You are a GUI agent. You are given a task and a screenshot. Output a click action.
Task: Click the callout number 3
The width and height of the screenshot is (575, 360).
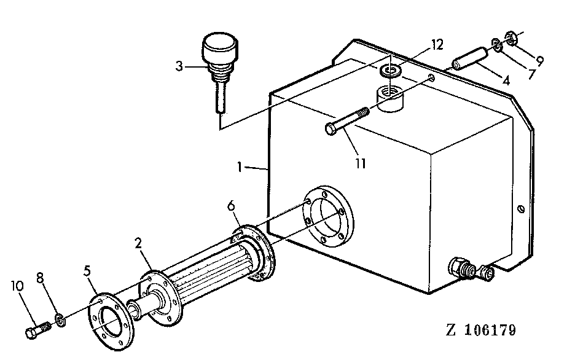179,66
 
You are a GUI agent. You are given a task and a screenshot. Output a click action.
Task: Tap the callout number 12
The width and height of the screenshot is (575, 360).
437,45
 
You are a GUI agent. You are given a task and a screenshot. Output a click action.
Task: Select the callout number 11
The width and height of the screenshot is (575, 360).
361,163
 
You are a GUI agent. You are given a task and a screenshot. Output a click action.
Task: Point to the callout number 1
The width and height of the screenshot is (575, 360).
240,167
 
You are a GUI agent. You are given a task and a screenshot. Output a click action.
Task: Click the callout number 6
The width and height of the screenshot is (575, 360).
231,206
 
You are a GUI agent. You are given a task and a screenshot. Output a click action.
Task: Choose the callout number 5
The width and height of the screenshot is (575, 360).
87,271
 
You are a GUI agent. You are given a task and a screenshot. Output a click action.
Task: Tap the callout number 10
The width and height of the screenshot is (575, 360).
17,286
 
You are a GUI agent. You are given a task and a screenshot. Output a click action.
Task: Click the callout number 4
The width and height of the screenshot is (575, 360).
506,80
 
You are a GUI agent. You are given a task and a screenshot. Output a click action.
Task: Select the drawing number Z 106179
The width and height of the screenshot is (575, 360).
481,330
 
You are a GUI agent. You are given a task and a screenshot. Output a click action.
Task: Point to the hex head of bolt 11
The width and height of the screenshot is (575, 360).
331,129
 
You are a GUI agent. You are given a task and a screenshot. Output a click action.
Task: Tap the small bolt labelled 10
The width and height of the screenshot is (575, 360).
37,330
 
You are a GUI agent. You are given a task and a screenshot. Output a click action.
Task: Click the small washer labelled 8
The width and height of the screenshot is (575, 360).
60,319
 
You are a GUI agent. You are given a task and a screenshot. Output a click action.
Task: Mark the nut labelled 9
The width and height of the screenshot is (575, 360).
511,38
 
